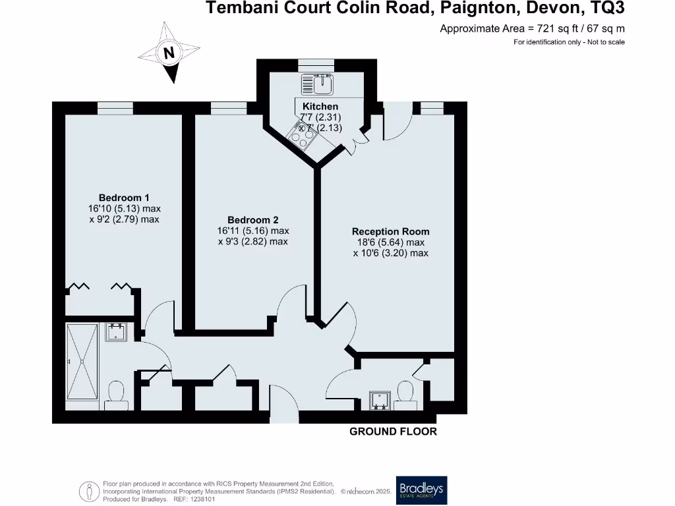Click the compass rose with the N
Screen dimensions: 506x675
pos(170,53)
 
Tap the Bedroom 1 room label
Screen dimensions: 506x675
pos(124,198)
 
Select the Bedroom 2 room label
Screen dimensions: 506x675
pos(253,220)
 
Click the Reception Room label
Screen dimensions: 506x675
pos(390,231)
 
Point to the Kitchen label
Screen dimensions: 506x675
pos(320,106)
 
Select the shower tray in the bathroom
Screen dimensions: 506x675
pos(82,366)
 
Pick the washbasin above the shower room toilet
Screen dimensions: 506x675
pos(117,331)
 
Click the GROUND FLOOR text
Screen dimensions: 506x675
pos(393,432)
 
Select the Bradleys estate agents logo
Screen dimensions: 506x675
pos(421,490)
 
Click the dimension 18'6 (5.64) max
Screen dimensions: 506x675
pos(390,242)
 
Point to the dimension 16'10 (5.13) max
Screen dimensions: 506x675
pos(125,209)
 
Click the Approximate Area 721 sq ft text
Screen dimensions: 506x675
pos(532,28)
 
